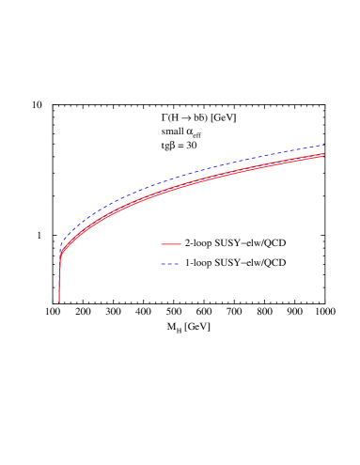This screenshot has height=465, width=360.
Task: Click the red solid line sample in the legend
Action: (x=171, y=244)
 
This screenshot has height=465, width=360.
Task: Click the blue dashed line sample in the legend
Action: (x=170, y=264)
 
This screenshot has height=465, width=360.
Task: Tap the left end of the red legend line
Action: (x=162, y=244)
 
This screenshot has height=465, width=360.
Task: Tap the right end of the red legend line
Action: (x=180, y=244)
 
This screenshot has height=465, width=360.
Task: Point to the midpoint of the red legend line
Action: (x=171, y=244)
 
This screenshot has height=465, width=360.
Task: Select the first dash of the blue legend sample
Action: (x=164, y=264)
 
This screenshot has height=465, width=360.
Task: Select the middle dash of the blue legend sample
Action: (x=170, y=264)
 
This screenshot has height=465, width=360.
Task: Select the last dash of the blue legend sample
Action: (x=177, y=264)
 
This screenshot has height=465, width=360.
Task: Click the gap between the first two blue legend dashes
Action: (x=166, y=264)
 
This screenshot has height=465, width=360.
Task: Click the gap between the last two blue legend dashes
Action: (x=174, y=264)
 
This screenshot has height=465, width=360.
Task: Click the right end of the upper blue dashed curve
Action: (x=324, y=145)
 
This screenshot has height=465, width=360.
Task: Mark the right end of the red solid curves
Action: (x=324, y=154)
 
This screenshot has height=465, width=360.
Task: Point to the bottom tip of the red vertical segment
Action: (x=59, y=302)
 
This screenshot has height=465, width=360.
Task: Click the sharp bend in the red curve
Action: (x=60, y=256)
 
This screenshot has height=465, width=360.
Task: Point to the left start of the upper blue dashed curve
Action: (x=61, y=246)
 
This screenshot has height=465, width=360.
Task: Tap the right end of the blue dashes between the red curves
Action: (x=323, y=154)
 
